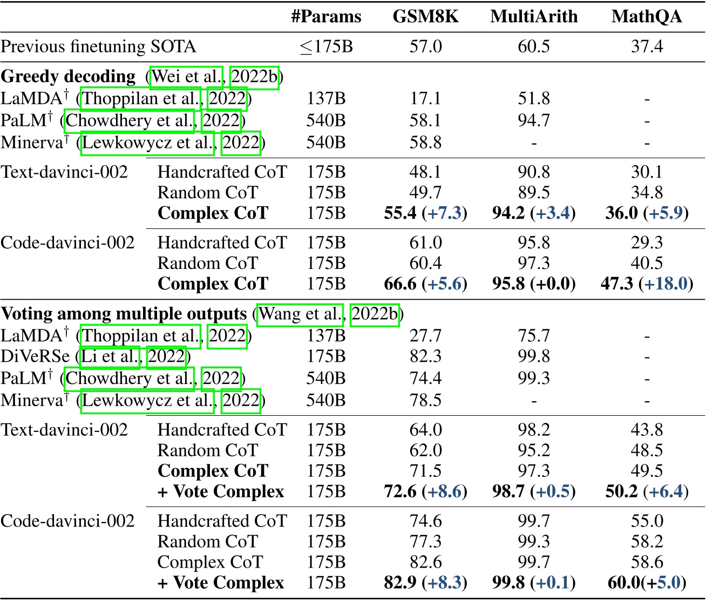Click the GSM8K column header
(x=425, y=17)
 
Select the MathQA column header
(x=647, y=17)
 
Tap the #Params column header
(x=326, y=17)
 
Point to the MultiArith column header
(x=534, y=17)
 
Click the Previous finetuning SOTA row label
(x=98, y=46)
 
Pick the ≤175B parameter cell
(x=326, y=46)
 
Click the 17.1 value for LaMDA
(x=425, y=98)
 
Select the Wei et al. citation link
(x=187, y=77)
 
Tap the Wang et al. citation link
(x=300, y=314)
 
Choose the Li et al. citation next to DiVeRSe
(x=111, y=356)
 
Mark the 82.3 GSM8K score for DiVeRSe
(x=425, y=356)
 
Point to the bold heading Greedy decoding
(x=69, y=77)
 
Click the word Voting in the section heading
(x=27, y=314)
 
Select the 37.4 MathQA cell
(x=647, y=46)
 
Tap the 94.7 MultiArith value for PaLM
(x=534, y=120)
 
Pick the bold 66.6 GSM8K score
(x=400, y=283)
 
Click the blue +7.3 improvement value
(x=445, y=213)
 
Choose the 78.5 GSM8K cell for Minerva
(x=425, y=400)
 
